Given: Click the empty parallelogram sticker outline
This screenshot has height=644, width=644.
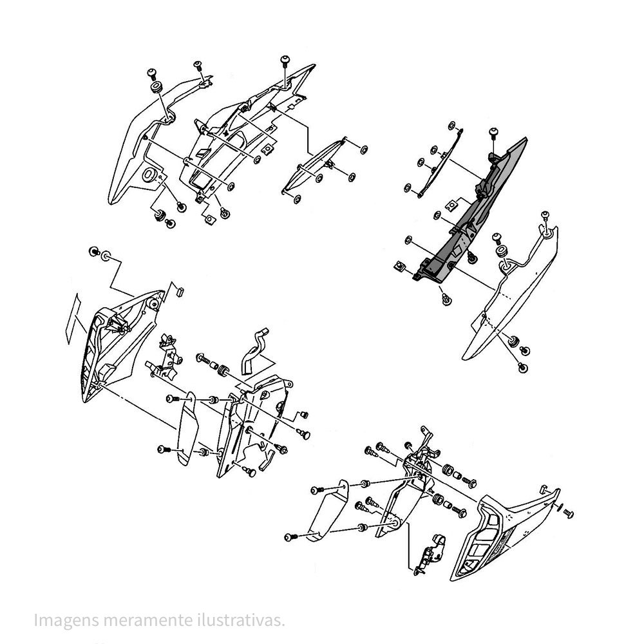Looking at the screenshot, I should pos(74,317).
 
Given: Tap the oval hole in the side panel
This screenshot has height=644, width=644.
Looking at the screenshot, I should pos(148,174).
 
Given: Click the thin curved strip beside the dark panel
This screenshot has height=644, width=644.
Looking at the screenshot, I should pos(438,161).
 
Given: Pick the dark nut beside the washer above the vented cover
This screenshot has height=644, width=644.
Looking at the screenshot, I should pos(94,251).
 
